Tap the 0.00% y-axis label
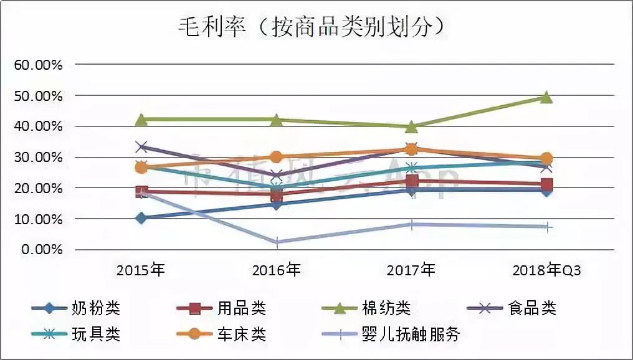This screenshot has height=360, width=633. click(x=43, y=250)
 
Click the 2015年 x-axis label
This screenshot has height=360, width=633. click(x=141, y=270)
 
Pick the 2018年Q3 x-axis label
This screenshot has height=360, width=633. click(x=546, y=270)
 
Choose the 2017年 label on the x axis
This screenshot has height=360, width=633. click(x=411, y=270)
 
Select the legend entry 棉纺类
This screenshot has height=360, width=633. click(x=386, y=308)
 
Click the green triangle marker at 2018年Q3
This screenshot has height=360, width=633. click(x=546, y=97)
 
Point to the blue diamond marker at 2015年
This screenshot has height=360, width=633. click(x=141, y=218)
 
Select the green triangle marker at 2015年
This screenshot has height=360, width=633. click(x=141, y=119)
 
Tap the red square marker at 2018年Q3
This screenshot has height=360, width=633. click(x=546, y=184)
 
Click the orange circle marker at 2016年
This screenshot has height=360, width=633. click(x=276, y=157)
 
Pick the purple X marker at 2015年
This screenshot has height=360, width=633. click(x=141, y=147)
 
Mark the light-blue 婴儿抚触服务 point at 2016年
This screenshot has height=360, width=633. click(x=276, y=242)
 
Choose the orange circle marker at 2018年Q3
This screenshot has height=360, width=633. click(x=546, y=159)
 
